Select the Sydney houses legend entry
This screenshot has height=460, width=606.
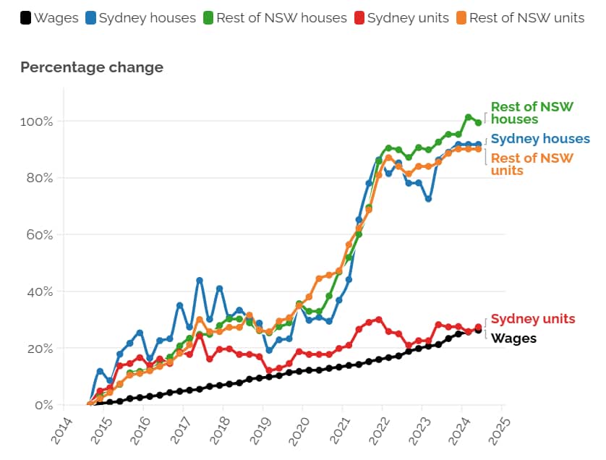coord(141,17)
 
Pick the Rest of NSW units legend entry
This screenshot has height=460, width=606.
coord(519,17)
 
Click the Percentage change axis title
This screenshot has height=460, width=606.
coord(92,67)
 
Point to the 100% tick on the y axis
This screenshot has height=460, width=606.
coord(35,121)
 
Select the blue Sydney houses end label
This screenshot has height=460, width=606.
coord(540,139)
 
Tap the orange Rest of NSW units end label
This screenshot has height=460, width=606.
coord(532,164)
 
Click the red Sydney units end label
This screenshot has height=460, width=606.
coord(533,319)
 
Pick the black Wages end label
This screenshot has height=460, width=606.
coord(513,338)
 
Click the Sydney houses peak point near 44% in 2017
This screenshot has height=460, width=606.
coord(200,280)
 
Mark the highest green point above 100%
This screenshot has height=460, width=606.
coord(468,117)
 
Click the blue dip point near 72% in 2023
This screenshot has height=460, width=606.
coord(428,198)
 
